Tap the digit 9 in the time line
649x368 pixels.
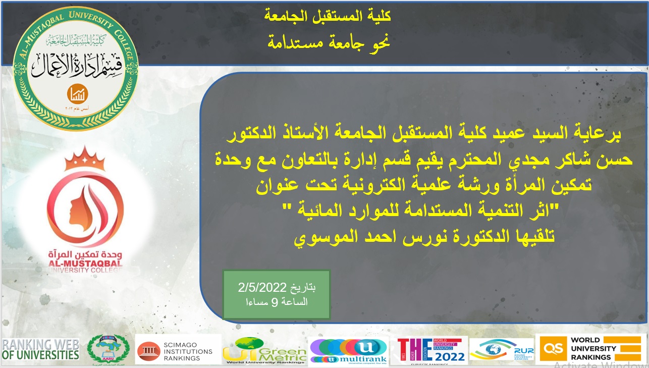tap(275, 302)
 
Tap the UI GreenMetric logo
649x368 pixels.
tap(264, 350)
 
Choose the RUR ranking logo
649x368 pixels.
tap(501, 350)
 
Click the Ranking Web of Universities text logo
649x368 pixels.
tap(40, 349)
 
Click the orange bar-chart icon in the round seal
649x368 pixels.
tap(78, 93)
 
